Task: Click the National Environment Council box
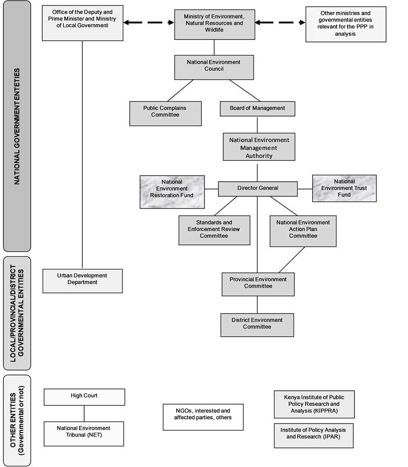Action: click(x=214, y=67)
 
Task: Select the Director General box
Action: click(x=258, y=189)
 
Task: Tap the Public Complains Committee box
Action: click(x=165, y=114)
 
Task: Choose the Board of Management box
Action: click(x=258, y=109)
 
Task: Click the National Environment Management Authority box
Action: click(x=259, y=147)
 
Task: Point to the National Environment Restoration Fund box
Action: click(x=172, y=192)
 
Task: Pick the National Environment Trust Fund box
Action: click(x=344, y=188)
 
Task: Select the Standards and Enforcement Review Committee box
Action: click(x=215, y=230)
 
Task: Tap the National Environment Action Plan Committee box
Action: click(x=303, y=231)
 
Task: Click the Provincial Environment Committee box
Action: click(x=258, y=284)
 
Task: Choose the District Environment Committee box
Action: click(x=257, y=325)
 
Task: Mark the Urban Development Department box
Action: click(x=83, y=281)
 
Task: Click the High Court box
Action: click(x=84, y=397)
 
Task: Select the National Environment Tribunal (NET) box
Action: click(x=84, y=434)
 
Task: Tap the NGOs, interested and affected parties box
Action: click(x=203, y=417)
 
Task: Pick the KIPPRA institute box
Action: click(x=314, y=404)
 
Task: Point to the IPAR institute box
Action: click(x=314, y=435)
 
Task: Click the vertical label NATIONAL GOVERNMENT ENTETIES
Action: click(x=17, y=126)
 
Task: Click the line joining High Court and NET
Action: click(x=84, y=414)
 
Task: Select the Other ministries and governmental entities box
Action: click(x=346, y=24)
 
